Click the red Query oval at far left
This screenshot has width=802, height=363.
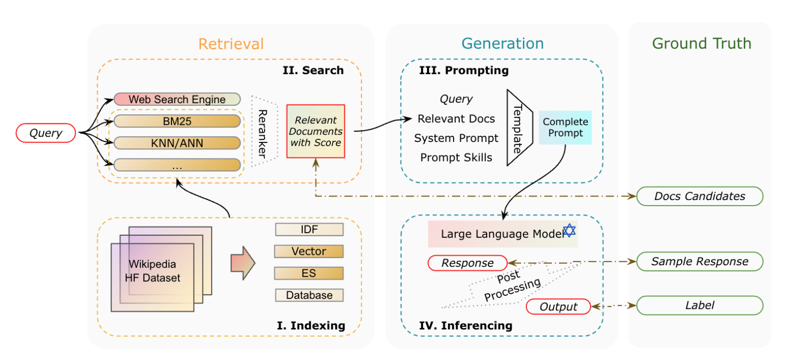click(x=46, y=133)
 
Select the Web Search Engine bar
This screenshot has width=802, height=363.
click(x=177, y=99)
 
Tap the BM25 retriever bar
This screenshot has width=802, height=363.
click(x=177, y=121)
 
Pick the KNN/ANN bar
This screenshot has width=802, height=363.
click(x=177, y=143)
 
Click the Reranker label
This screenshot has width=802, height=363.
click(x=262, y=133)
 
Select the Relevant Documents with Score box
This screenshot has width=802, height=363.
click(x=315, y=131)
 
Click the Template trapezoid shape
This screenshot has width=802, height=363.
click(x=518, y=128)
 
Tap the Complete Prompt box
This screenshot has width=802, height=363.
click(x=565, y=128)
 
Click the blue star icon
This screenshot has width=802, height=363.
click(x=569, y=230)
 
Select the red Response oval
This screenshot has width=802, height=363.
click(x=467, y=263)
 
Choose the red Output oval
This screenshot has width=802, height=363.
click(x=558, y=307)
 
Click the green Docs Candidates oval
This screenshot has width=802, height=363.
click(x=699, y=197)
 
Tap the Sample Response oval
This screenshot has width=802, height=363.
click(x=699, y=262)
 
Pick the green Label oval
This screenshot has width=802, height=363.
click(x=699, y=305)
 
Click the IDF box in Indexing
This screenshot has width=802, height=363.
click(x=309, y=230)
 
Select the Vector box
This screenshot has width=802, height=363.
click(x=309, y=252)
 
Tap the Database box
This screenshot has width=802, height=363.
click(x=309, y=295)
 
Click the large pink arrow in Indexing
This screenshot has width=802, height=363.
click(x=243, y=263)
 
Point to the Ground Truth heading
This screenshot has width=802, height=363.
click(x=701, y=44)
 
